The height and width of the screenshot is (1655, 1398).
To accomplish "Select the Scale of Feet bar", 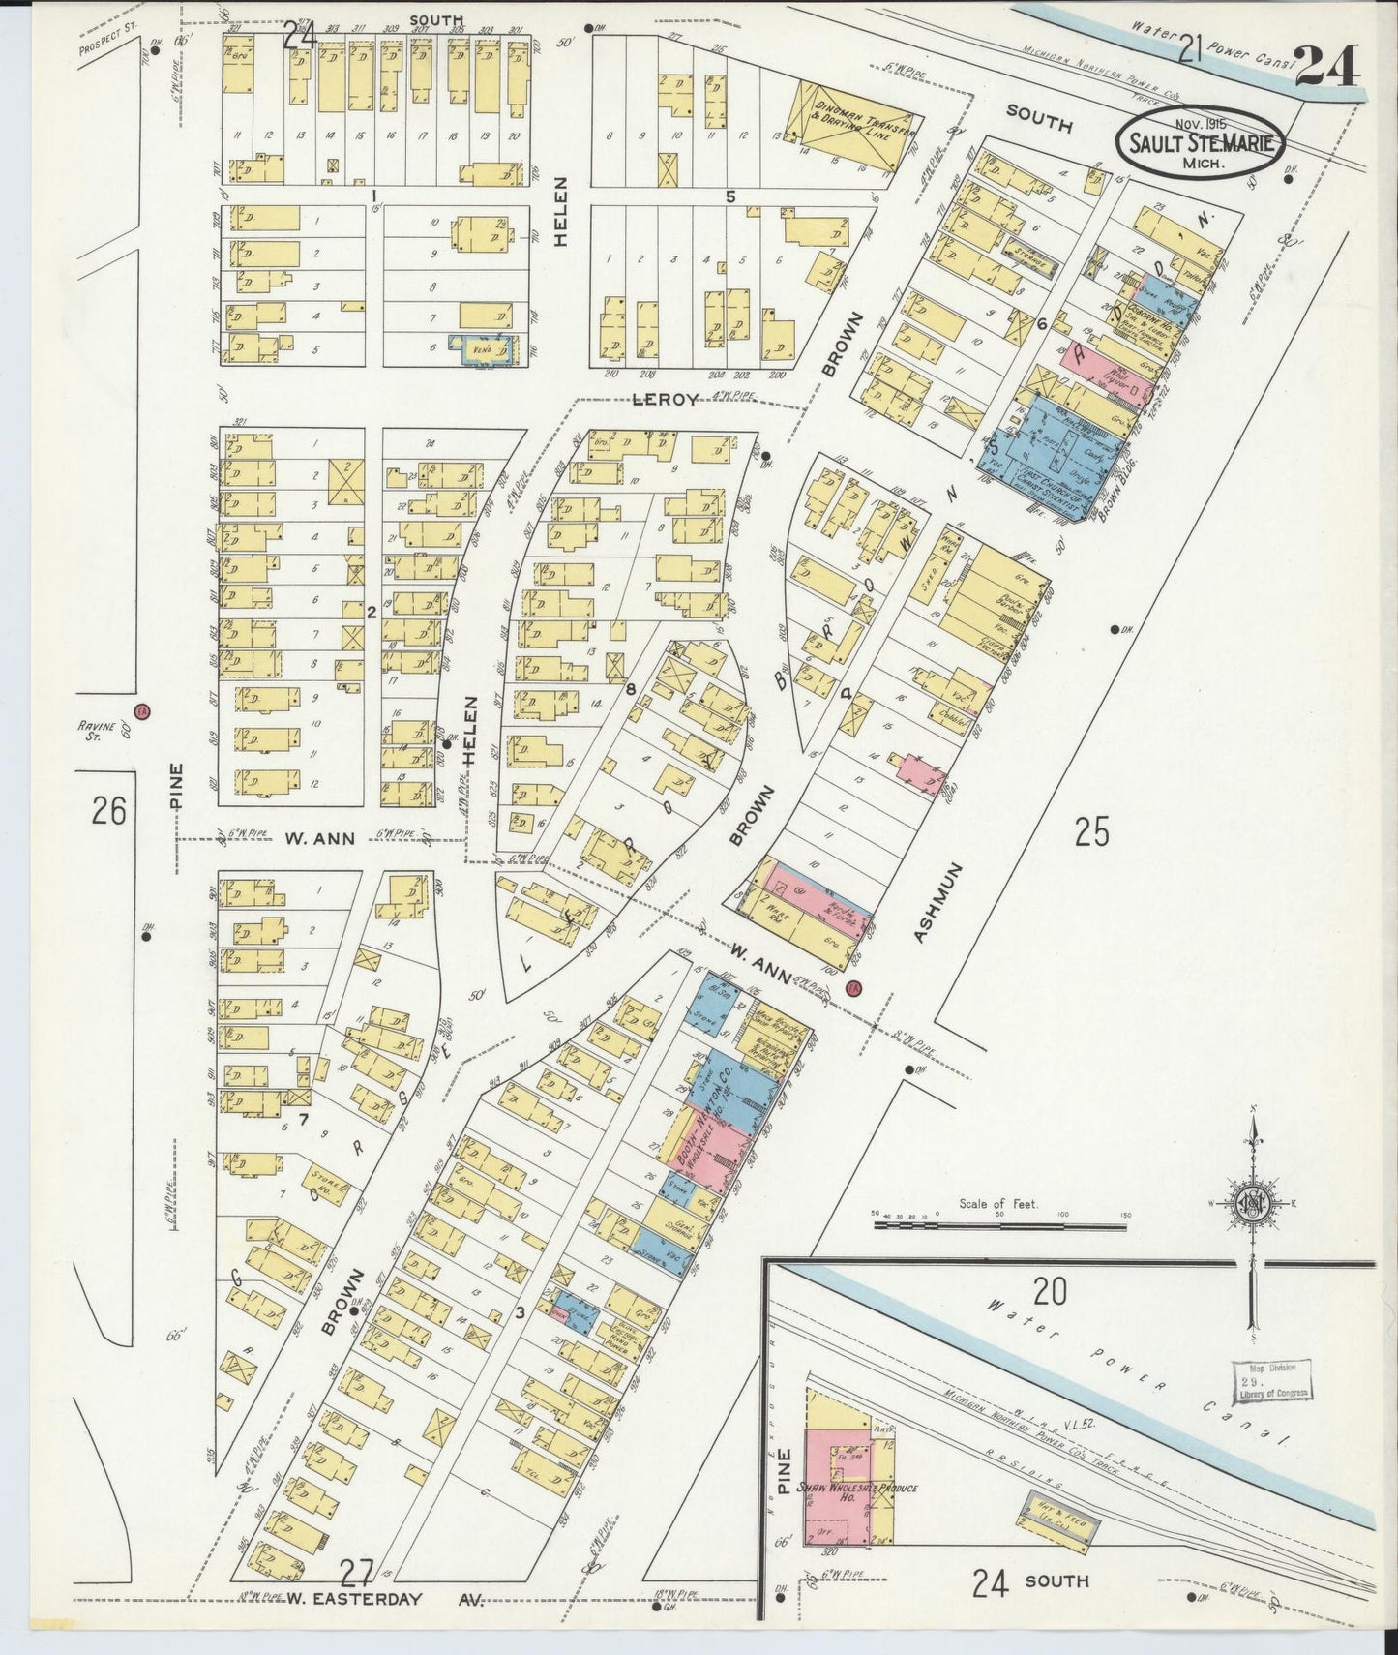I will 999,1225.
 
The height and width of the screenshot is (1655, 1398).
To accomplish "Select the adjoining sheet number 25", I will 1091,831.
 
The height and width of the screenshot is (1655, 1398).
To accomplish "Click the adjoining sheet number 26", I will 108,810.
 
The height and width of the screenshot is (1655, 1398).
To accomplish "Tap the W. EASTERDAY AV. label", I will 355,1598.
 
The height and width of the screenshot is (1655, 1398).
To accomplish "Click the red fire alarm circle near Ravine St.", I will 142,711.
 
